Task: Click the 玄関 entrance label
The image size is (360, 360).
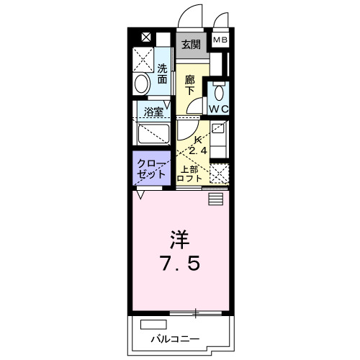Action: click(x=191, y=44)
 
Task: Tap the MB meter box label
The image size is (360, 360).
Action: click(x=220, y=40)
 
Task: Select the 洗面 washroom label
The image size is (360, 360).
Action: click(x=163, y=74)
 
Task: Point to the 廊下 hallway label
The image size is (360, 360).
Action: click(x=190, y=84)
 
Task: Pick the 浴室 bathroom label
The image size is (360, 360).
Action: click(x=153, y=112)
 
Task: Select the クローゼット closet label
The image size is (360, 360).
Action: click(x=152, y=170)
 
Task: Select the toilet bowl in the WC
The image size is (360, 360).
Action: click(x=219, y=92)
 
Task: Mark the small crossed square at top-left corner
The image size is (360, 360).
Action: click(x=146, y=37)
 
